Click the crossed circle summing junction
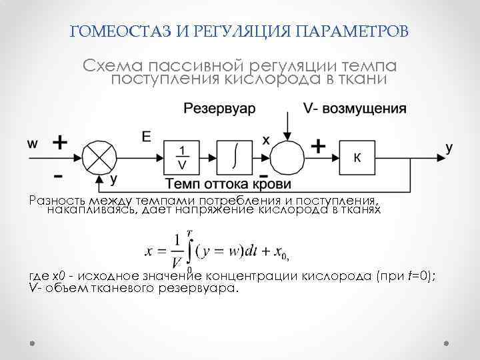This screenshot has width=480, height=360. (x=99, y=157)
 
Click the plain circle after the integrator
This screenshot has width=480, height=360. (x=288, y=158)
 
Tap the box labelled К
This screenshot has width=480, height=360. (x=357, y=158)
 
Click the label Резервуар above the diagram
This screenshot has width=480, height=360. (x=219, y=109)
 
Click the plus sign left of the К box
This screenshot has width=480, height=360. (x=319, y=146)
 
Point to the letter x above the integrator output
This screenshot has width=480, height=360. (x=265, y=140)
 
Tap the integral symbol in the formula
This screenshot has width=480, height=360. (x=189, y=250)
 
